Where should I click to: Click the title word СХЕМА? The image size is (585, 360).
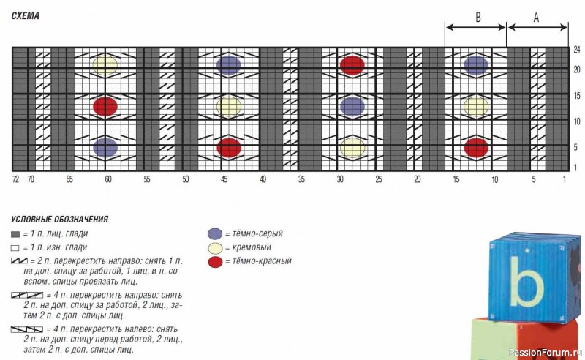click(26, 15)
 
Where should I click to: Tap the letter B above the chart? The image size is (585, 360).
click(478, 17)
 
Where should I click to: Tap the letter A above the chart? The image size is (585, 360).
click(536, 17)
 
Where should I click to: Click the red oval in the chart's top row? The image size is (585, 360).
click(352, 65)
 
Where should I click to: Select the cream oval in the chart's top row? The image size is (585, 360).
click(105, 65)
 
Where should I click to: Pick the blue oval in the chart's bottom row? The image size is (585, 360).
click(105, 148)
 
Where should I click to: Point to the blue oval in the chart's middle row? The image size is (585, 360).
click(352, 106)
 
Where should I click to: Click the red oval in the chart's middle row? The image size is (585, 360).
click(105, 106)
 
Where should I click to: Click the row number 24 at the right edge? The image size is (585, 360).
click(577, 50)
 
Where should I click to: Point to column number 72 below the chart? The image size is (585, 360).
click(15, 179)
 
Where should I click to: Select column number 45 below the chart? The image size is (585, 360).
click(224, 179)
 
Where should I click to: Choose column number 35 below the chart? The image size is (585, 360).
click(301, 179)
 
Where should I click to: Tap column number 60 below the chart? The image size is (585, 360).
click(107, 179)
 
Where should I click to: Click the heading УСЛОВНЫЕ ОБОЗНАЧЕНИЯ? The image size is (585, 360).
click(60, 220)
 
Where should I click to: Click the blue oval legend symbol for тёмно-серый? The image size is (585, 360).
click(215, 233)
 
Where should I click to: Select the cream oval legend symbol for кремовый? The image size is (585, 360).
click(215, 248)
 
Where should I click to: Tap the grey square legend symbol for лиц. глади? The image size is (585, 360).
click(15, 235)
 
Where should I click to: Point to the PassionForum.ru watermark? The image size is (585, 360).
click(546, 352)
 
